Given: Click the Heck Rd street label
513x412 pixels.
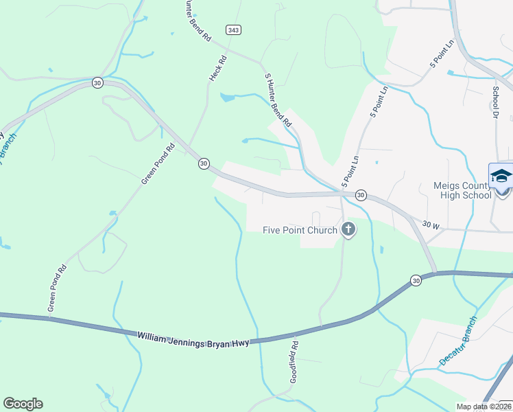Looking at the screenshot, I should coord(217,67).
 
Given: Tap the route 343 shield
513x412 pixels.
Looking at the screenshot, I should coord(232,30).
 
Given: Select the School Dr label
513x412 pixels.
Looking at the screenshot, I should coord(495,102).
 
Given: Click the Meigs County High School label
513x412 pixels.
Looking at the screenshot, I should coord(463,190).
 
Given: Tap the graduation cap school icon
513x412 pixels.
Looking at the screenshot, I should coord(501,176).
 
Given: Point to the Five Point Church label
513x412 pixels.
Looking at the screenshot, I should coord(300,230).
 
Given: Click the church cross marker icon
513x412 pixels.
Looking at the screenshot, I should coord(348,230).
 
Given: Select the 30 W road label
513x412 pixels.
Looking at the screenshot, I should coord(431,224).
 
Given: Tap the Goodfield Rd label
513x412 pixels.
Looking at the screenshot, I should coord(294,363).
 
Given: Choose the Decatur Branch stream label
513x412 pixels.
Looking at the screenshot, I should coord(457,341).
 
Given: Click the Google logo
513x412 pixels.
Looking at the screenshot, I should coord(23,403).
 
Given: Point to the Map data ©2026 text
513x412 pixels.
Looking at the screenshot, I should coord(484,407).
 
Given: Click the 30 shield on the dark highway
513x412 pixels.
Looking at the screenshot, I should coord(416,280).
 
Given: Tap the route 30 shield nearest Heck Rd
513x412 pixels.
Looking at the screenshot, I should coord(204,163).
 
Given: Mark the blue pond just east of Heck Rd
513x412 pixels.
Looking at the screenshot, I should coord(227,98).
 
